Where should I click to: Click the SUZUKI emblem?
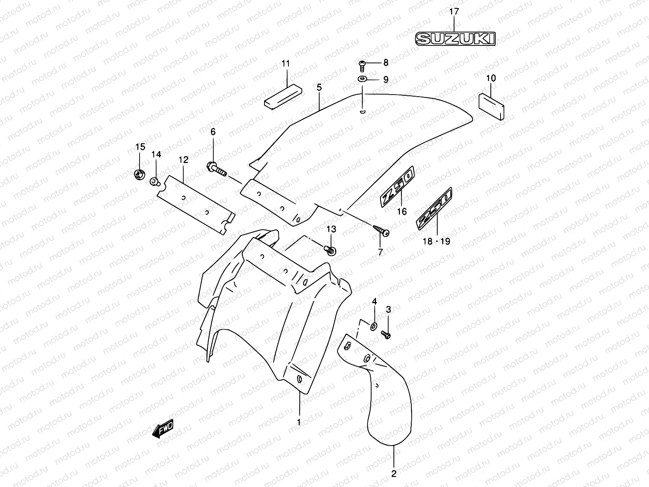pyautogui.click(x=456, y=39)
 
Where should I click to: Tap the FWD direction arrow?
pyautogui.click(x=163, y=429)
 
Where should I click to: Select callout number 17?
pyautogui.click(x=454, y=12)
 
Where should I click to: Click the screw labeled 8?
pyautogui.click(x=362, y=63)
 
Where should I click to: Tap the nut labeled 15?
pyautogui.click(x=139, y=174)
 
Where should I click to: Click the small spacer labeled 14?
pyautogui.click(x=155, y=181)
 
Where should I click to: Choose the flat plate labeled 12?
pyautogui.click(x=196, y=204)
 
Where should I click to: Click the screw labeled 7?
pyautogui.click(x=382, y=232)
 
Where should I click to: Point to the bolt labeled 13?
pyautogui.click(x=330, y=250)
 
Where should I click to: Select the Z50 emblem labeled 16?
pyautogui.click(x=398, y=186)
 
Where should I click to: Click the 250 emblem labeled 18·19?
pyautogui.click(x=434, y=209)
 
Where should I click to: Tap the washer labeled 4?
pyautogui.click(x=374, y=325)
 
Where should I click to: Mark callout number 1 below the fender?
pyautogui.click(x=299, y=422)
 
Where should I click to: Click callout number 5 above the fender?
pyautogui.click(x=319, y=87)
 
